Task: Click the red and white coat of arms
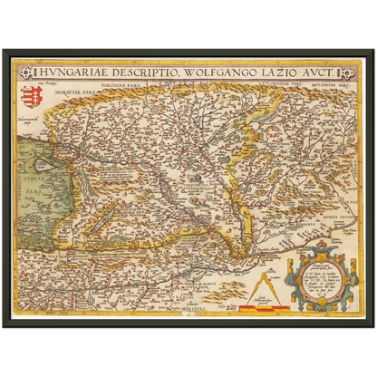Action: pos(27,94)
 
